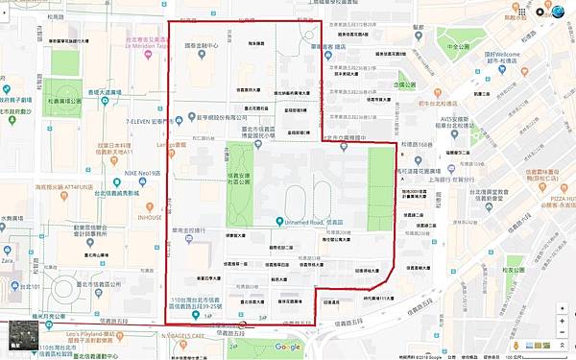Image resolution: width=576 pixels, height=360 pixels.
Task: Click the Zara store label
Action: click(x=8, y=261)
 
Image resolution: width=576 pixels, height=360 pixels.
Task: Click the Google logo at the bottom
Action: click(x=287, y=347)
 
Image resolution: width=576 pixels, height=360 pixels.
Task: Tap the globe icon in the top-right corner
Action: click(x=557, y=11)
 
